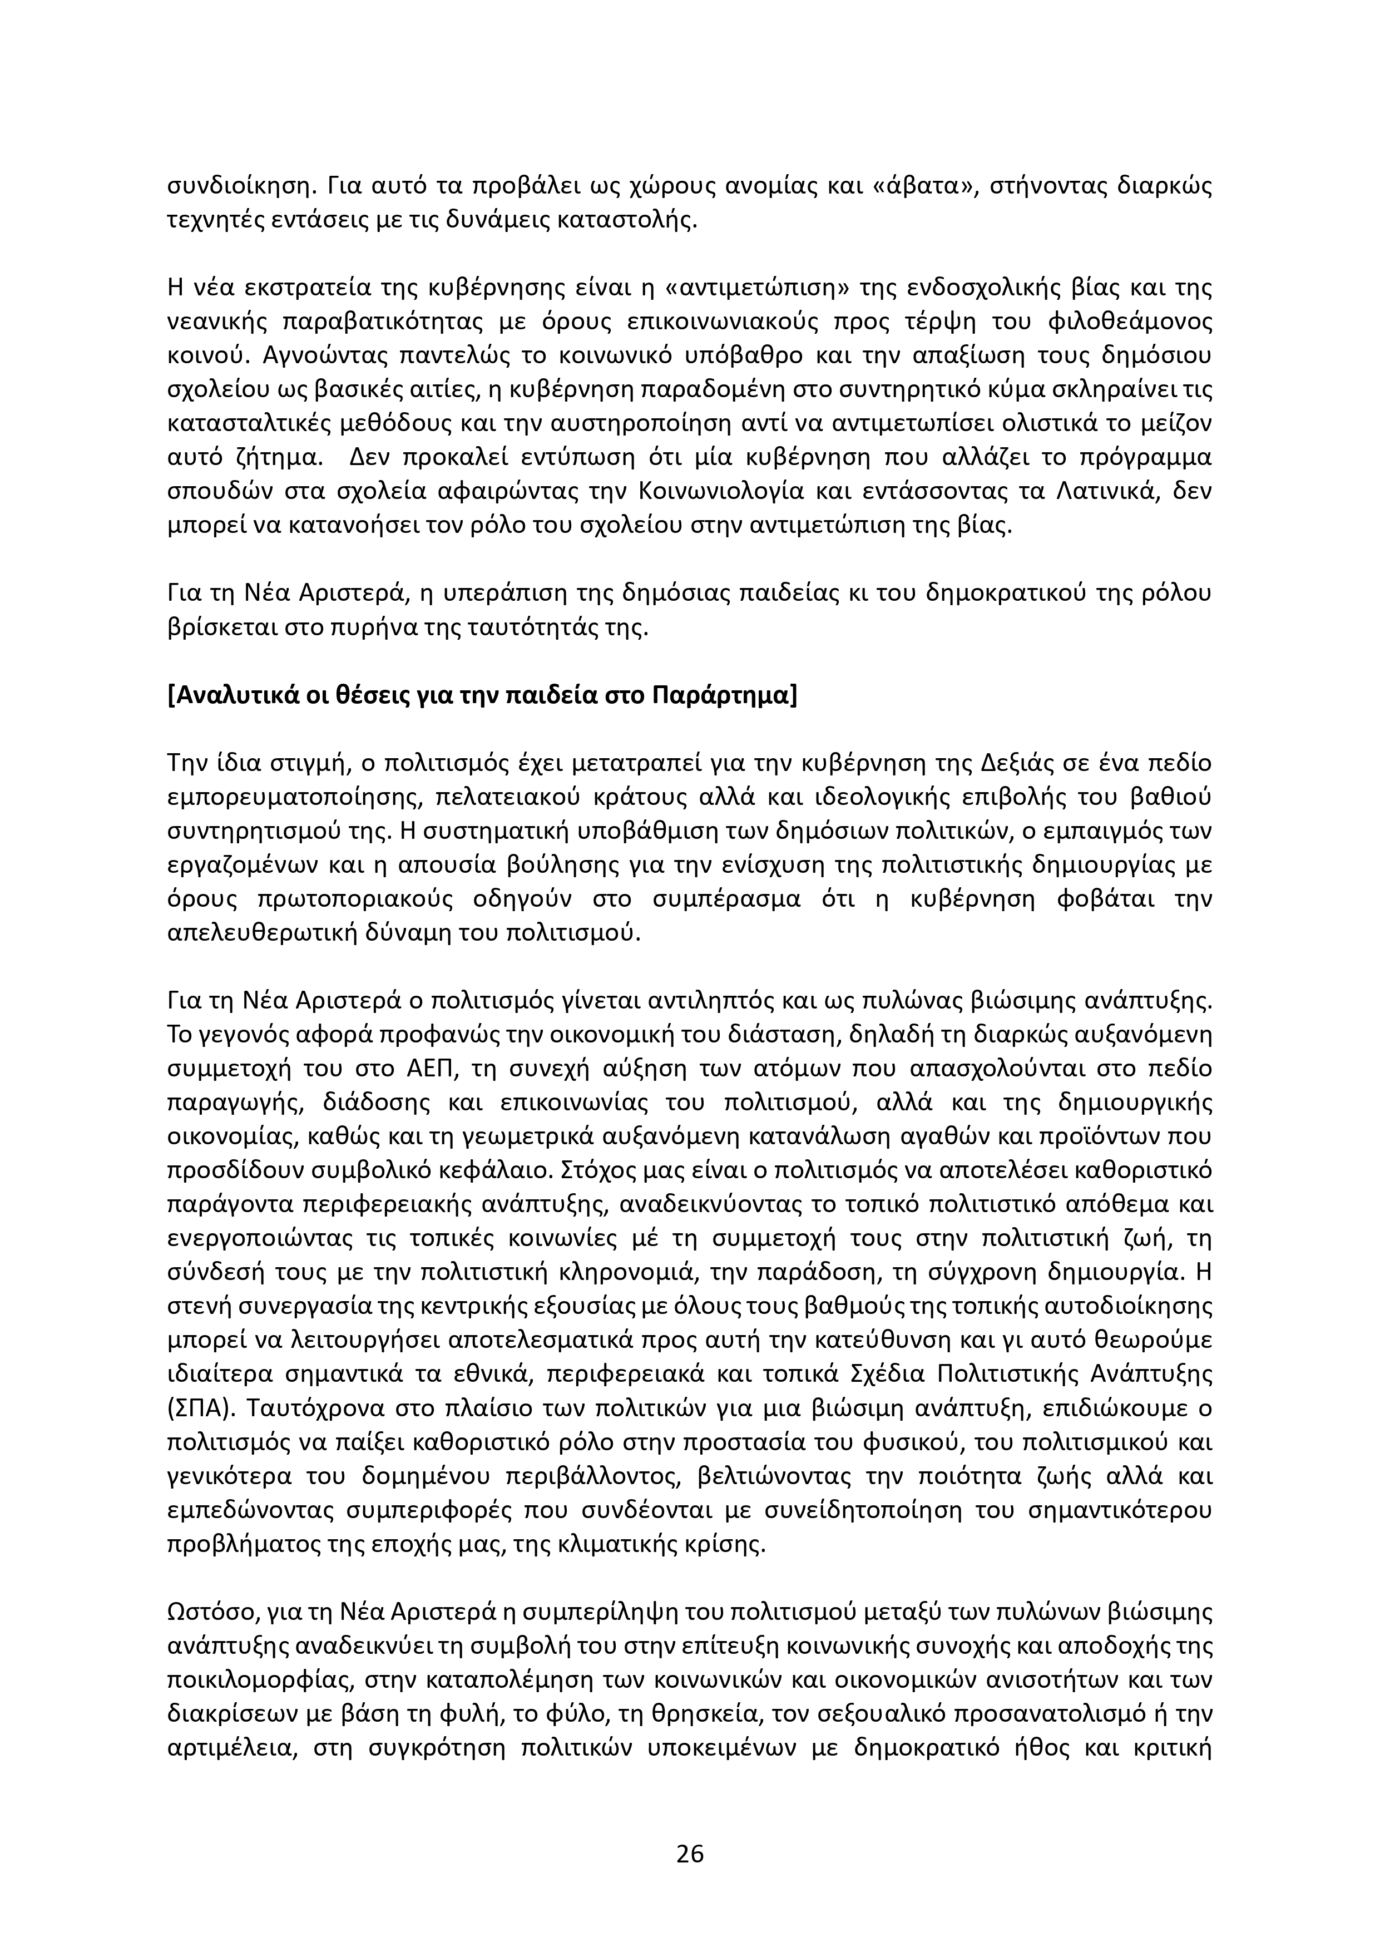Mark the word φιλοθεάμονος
pos(1122,322)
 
